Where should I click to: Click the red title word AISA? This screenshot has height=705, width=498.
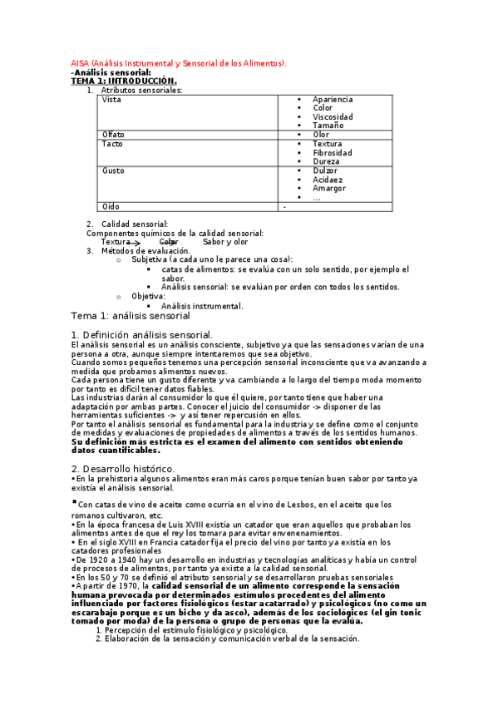pos(80,63)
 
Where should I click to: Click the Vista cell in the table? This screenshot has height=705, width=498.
pos(111,100)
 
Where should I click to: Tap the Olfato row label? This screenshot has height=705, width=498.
pos(113,135)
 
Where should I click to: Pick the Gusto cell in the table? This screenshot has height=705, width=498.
pos(113,171)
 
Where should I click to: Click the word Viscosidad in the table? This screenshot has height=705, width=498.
pos(333,117)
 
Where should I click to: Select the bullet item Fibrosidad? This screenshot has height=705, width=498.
pos(332,153)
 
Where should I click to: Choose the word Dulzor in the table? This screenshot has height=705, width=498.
pos(326,170)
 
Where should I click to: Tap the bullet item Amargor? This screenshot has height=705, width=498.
pos(328,189)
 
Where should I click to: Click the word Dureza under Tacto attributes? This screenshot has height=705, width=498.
pos(326,161)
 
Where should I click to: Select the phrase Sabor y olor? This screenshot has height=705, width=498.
pos(225,242)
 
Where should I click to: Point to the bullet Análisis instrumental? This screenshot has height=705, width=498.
pos(202,306)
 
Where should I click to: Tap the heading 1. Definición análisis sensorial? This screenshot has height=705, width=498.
pos(142,334)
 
